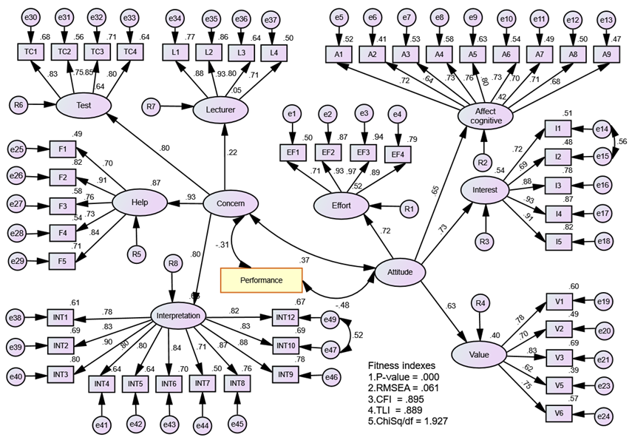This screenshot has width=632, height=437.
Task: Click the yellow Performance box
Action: (262, 281)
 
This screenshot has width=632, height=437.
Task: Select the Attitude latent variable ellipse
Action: (399, 271)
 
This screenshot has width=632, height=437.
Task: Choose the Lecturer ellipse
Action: (220, 109)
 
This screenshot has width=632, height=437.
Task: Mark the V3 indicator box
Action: (560, 358)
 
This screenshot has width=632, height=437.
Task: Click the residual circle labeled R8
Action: (172, 262)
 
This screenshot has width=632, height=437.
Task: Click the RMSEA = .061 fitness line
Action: (407, 388)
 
